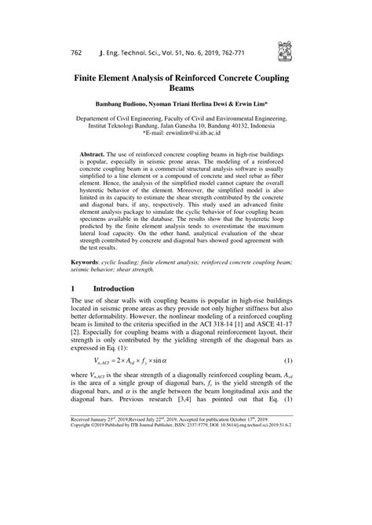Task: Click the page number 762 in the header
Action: coord(76,53)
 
